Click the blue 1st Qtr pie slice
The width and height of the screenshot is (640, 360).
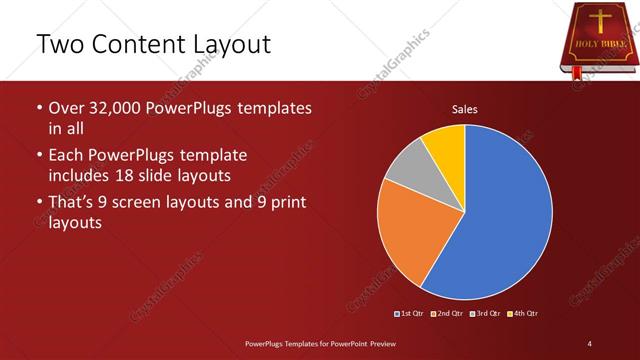point(500,215)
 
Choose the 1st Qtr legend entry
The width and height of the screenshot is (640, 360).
point(412,314)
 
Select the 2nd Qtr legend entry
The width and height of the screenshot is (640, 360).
point(448,314)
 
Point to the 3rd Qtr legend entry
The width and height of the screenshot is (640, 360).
point(485,314)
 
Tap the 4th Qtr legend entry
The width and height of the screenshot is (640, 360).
point(523,314)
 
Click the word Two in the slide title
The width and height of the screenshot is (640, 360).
point(58,44)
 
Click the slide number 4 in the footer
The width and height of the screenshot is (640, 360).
point(589,344)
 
